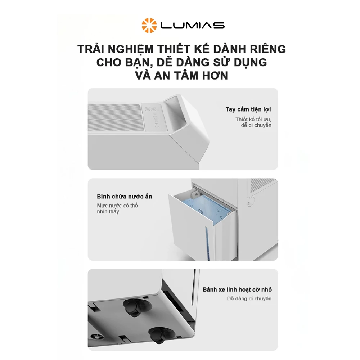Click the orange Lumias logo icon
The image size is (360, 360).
point(149,25)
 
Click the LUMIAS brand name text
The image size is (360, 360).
point(193,26)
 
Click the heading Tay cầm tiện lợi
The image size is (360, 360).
point(248,109)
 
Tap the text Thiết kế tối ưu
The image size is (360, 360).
point(253,119)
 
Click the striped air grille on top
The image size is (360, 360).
point(115,117)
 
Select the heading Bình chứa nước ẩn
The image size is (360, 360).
point(124,197)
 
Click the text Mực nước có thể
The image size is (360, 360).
point(117,206)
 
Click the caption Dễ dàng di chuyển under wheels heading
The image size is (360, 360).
point(249,298)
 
